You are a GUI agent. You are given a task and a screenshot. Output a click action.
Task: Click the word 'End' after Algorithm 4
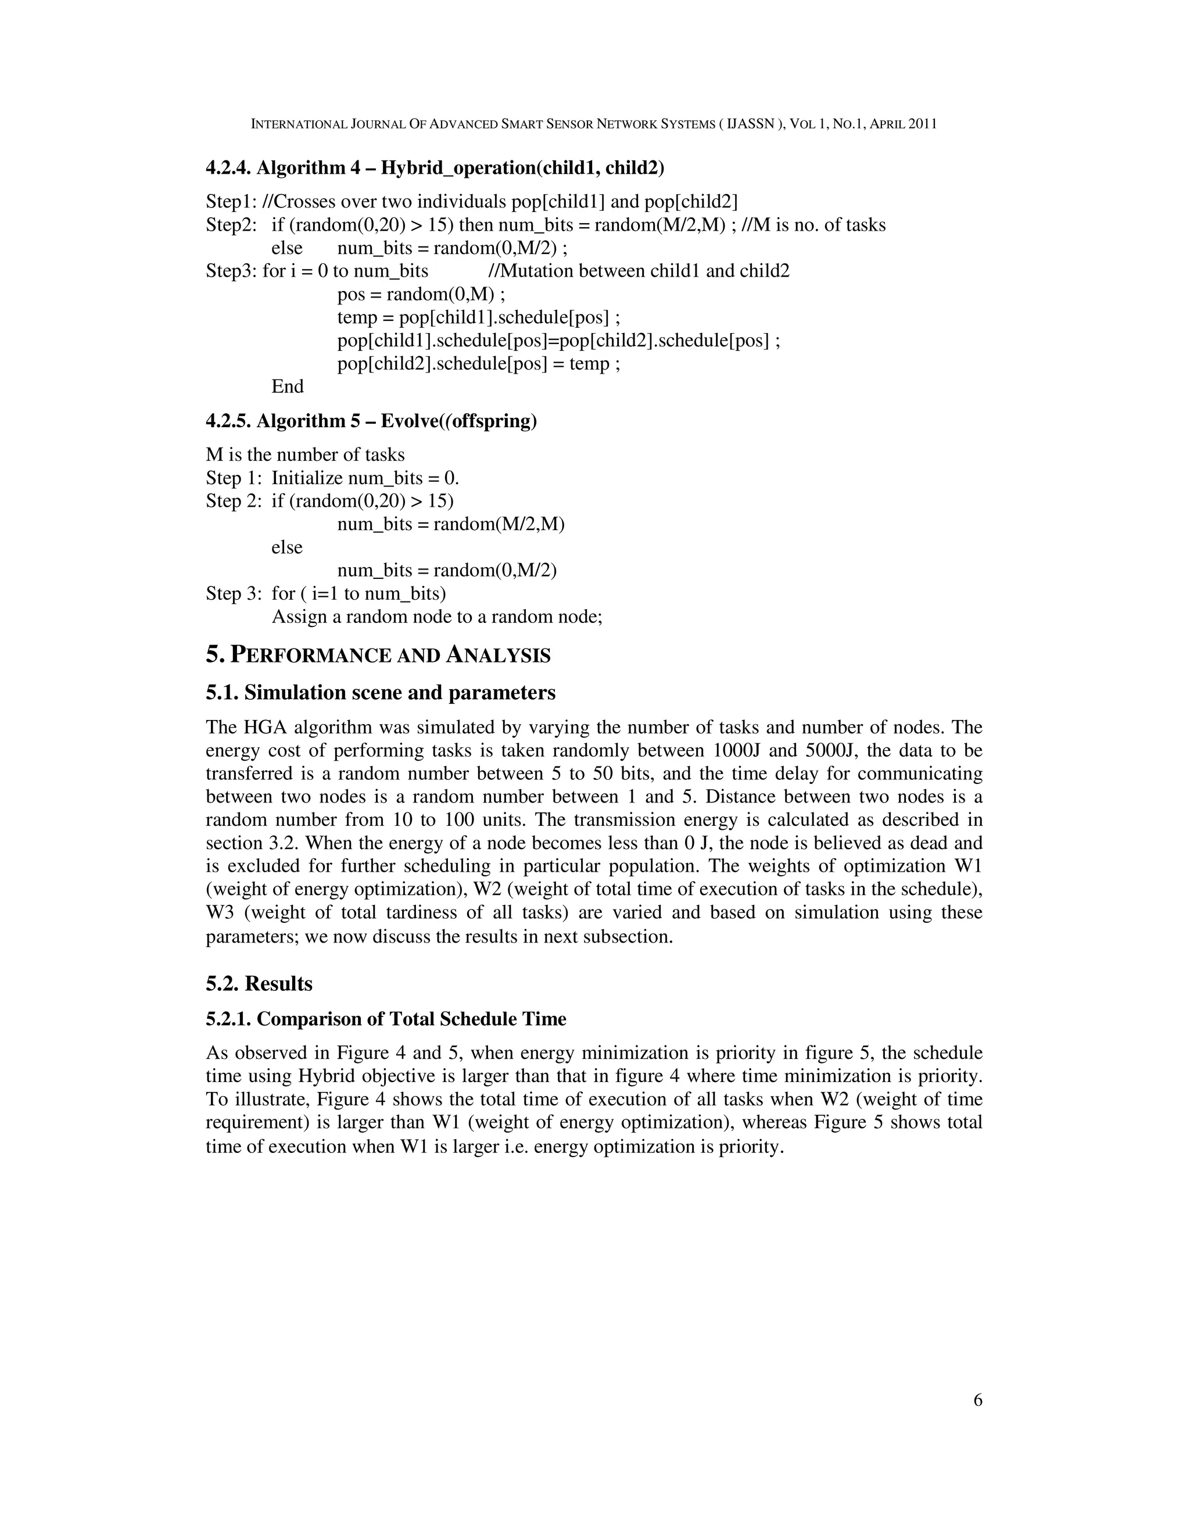[x=288, y=386]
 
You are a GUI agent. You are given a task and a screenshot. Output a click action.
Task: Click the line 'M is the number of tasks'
[x=305, y=455]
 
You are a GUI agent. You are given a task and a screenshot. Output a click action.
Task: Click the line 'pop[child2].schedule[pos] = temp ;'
[x=479, y=364]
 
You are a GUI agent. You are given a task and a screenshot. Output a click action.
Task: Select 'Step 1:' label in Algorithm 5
[x=234, y=478]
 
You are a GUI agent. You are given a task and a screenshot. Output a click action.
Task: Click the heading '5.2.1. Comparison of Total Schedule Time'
[x=386, y=1019]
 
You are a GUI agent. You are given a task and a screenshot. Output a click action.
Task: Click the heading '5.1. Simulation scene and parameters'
[x=381, y=693]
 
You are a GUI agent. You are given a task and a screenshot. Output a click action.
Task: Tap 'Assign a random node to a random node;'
[x=437, y=617]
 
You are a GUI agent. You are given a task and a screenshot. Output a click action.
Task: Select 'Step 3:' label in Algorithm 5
[x=234, y=594]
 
